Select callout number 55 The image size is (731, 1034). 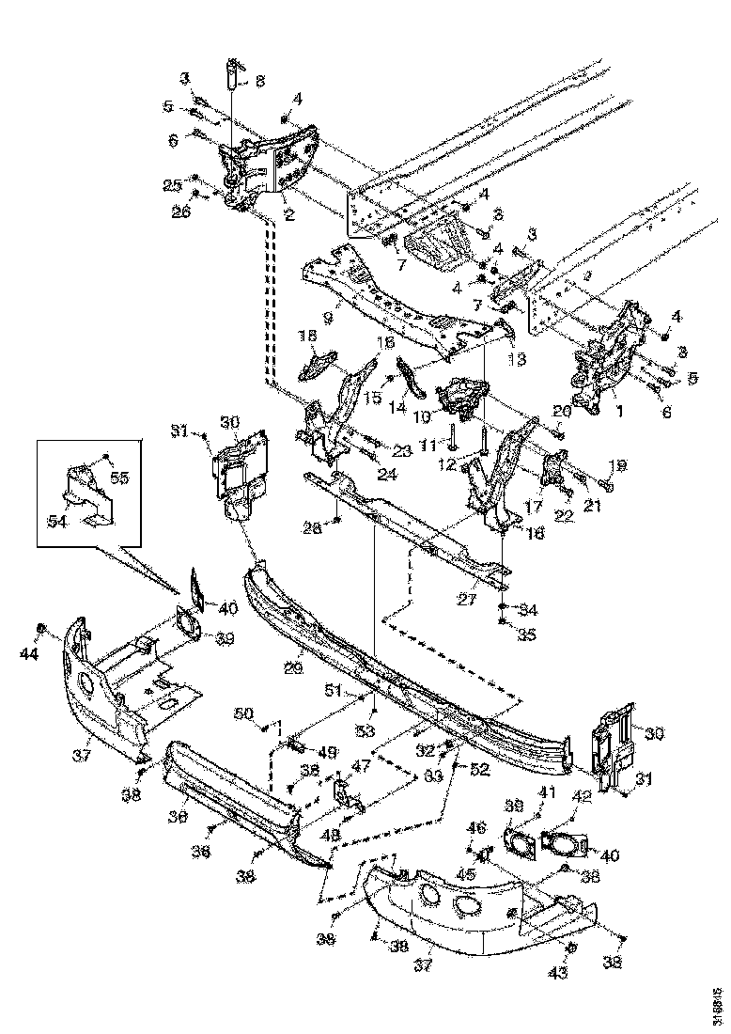click(119, 478)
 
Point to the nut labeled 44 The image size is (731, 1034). click(41, 627)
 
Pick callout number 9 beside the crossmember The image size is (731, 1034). click(328, 318)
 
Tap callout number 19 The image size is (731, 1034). click(617, 465)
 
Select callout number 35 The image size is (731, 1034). click(526, 635)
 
